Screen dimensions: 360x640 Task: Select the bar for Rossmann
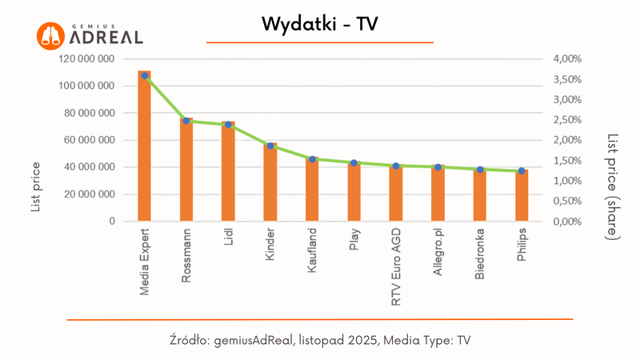tap(186, 170)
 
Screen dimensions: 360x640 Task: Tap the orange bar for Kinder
tap(270, 182)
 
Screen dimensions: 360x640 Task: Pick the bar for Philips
tap(522, 195)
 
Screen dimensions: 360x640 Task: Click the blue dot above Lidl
tap(228, 125)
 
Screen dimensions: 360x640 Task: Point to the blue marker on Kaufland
tap(312, 159)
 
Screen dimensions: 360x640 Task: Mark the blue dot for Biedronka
tap(480, 170)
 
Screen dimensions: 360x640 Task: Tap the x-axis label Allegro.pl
tap(438, 254)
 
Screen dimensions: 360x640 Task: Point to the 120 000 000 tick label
tap(89, 59)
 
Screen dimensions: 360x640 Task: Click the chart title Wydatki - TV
tap(319, 24)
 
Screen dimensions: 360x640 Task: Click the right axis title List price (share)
tap(612, 186)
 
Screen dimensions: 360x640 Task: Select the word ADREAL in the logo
tap(107, 38)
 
